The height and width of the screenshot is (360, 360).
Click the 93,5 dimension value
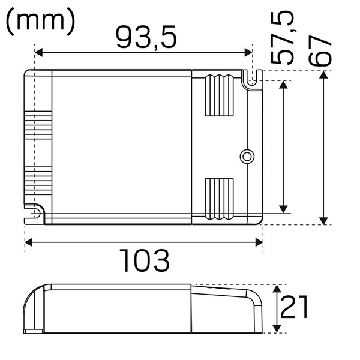[x=146, y=37]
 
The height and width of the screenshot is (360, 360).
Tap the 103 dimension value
[x=145, y=260]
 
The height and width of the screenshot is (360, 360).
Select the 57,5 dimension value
[x=282, y=37]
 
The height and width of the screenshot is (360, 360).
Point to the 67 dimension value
[x=320, y=51]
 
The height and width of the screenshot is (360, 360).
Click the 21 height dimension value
[x=294, y=307]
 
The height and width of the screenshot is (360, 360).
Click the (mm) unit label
[x=40, y=22]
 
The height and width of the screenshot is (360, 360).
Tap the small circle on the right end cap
[x=247, y=157]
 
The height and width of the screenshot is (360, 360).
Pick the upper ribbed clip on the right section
[x=219, y=95]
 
